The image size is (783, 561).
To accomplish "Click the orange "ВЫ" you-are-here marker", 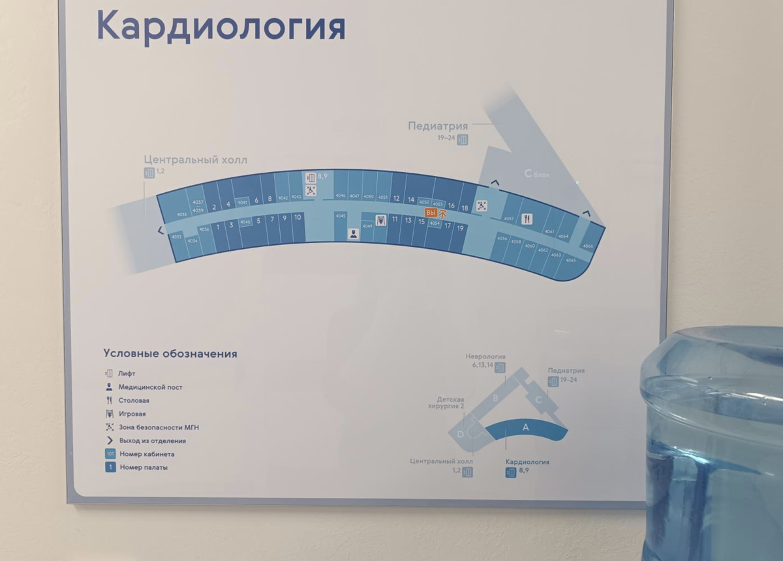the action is pyautogui.click(x=430, y=213).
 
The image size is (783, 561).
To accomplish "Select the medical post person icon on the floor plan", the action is pyautogui.click(x=353, y=233).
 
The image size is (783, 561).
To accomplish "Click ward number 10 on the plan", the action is pyautogui.click(x=298, y=217).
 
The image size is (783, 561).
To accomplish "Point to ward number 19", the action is pyautogui.click(x=460, y=228).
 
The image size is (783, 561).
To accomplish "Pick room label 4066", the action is pyautogui.click(x=588, y=246).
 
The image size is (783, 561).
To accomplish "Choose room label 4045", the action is pyautogui.click(x=340, y=216).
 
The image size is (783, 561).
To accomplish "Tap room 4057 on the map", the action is pyautogui.click(x=509, y=219).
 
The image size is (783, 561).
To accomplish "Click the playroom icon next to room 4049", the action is pyautogui.click(x=381, y=221).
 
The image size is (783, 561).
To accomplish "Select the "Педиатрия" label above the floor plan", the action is pyautogui.click(x=438, y=126).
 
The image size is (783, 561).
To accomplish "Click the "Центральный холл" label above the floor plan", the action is pyautogui.click(x=196, y=160).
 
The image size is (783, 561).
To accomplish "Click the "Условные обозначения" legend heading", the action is pyautogui.click(x=170, y=354).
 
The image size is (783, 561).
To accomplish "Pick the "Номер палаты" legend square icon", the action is pyautogui.click(x=110, y=467).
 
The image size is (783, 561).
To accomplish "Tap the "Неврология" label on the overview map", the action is pyautogui.click(x=485, y=356).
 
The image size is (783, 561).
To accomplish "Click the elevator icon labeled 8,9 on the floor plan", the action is pyautogui.click(x=311, y=177).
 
